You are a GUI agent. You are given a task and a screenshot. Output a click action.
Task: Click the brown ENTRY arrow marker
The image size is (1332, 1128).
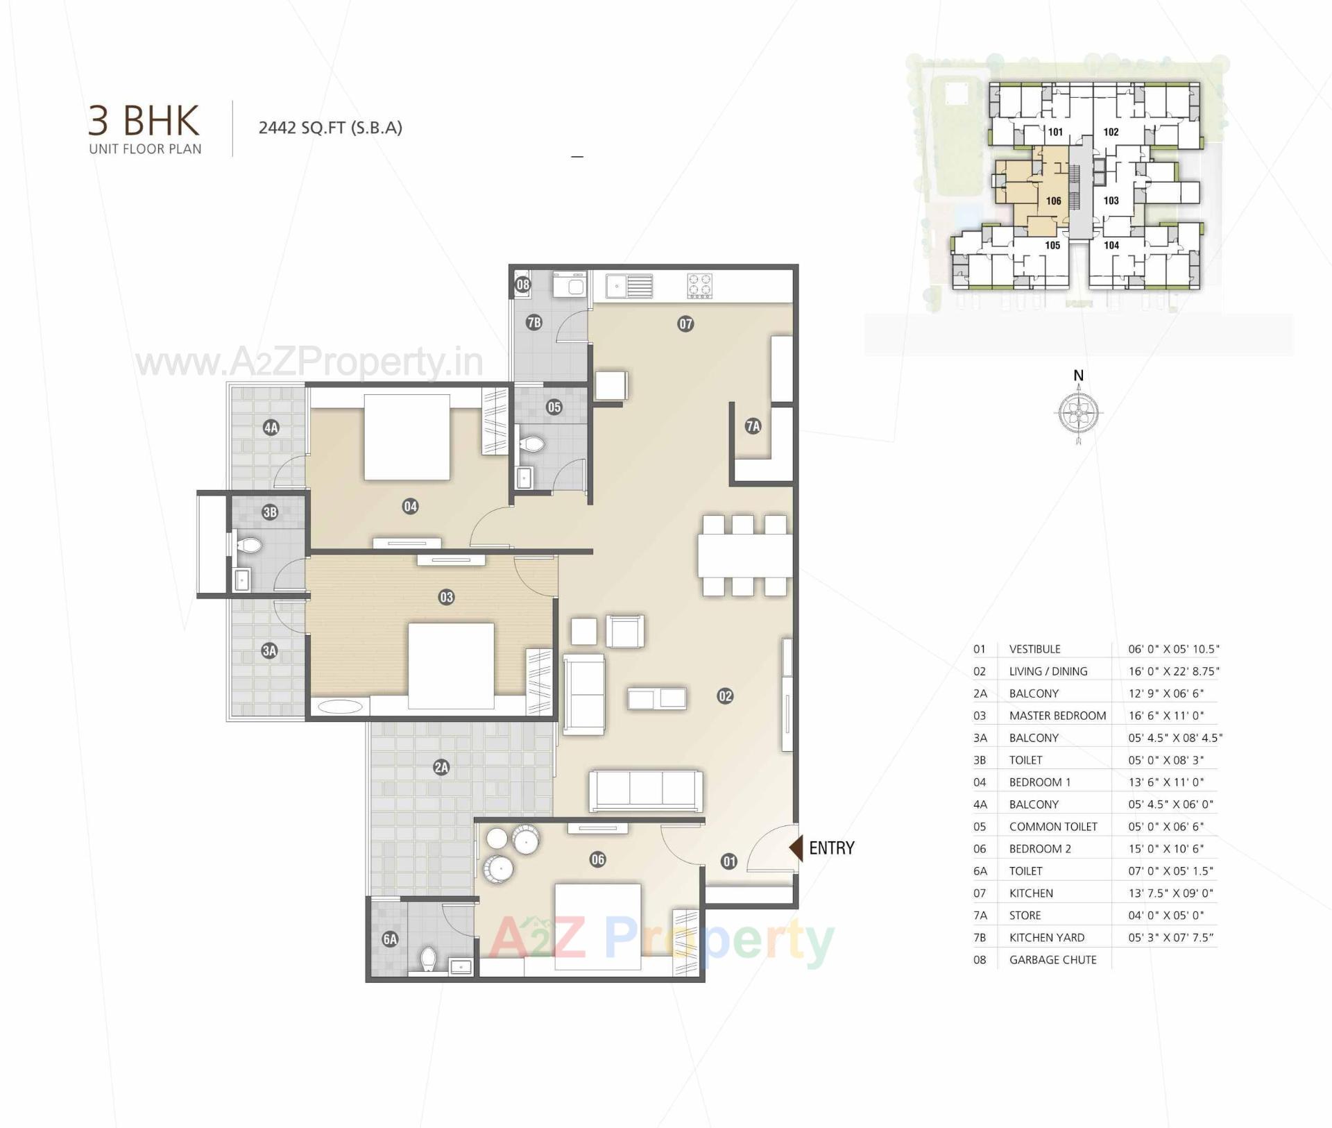click(x=796, y=848)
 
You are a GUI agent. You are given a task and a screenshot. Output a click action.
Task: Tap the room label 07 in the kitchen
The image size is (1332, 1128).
click(x=685, y=323)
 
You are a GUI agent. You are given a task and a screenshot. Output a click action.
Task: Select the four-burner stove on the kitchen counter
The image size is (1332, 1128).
click(x=699, y=286)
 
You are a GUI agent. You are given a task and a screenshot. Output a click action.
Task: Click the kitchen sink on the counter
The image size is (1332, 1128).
click(x=629, y=286)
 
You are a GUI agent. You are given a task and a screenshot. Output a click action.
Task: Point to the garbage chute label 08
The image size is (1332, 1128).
click(x=522, y=284)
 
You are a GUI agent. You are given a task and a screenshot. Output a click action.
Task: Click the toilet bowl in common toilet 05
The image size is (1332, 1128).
click(x=533, y=444)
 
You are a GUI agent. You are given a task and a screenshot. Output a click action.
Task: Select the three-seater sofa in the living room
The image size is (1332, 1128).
click(x=645, y=791)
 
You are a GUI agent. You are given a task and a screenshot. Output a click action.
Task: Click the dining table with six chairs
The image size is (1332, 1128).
click(x=744, y=555)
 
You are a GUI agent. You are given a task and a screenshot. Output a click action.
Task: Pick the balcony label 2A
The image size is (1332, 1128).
click(x=441, y=767)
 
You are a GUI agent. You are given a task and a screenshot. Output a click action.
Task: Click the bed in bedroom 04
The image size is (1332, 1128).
click(x=407, y=437)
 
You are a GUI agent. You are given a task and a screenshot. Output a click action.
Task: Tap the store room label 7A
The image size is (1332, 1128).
click(x=753, y=426)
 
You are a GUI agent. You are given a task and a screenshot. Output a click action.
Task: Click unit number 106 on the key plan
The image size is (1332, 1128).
click(x=1053, y=201)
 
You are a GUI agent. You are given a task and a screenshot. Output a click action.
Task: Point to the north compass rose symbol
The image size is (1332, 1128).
click(x=1078, y=413)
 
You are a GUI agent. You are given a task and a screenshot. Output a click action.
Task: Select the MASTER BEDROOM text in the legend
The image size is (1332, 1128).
click(x=1057, y=716)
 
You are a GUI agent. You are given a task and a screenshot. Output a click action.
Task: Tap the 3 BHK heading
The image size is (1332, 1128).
click(x=144, y=120)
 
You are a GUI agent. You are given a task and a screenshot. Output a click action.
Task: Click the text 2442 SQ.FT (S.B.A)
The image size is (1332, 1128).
click(x=330, y=128)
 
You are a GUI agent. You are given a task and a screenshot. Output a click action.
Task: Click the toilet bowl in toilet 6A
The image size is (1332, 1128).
click(x=429, y=959)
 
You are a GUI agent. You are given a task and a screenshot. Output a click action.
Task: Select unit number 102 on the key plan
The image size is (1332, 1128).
click(x=1111, y=132)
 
